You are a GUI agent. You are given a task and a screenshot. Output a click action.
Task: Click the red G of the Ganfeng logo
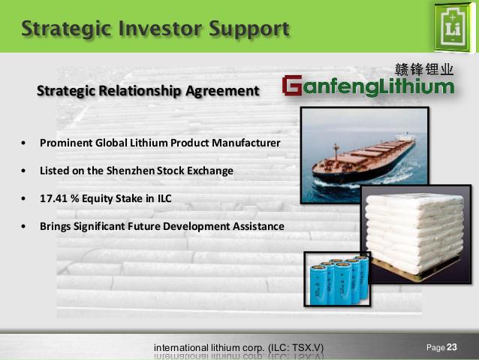tap(292, 86)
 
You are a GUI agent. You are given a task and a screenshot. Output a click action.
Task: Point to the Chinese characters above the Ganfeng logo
tap(424, 70)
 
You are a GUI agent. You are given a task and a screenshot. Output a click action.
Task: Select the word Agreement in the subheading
tap(222, 91)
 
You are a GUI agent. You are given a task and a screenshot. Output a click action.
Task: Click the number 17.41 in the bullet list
tap(53, 198)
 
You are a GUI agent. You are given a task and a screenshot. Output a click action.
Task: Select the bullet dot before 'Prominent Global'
tap(23, 143)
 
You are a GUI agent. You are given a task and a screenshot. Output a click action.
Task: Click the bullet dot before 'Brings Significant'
tap(23, 227)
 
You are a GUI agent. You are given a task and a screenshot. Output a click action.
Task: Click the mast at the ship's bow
tap(336, 152)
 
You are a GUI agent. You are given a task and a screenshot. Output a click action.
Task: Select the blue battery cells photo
tap(337, 279)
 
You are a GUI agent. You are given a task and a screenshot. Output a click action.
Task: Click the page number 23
tap(452, 347)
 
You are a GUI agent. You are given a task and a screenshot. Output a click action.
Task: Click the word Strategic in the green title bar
tap(66, 29)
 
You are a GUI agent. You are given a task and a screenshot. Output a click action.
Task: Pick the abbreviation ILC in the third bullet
tap(164, 198)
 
